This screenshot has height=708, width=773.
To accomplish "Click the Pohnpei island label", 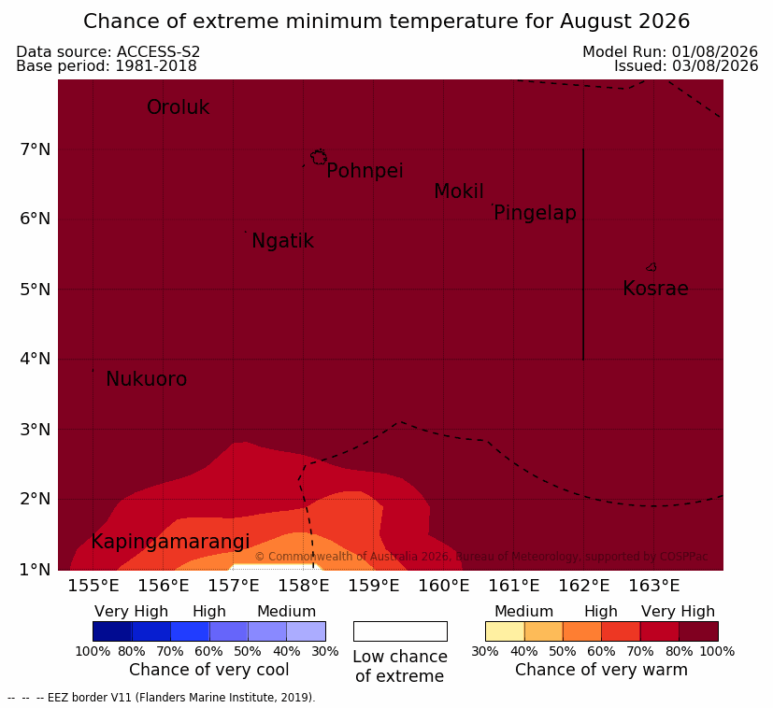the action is [365, 171].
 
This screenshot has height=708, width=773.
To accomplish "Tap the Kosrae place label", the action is [655, 289].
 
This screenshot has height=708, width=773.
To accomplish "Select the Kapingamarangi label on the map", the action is [170, 542].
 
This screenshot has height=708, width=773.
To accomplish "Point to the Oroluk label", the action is [179, 106].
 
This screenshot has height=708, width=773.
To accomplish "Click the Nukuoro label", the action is [147, 379].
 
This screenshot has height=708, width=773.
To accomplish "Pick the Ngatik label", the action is [283, 241].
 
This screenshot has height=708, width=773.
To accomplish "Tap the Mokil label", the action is [459, 191].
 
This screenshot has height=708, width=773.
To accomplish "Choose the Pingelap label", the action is [535, 213].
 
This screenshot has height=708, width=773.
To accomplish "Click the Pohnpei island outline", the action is [319, 157].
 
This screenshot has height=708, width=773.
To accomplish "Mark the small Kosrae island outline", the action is [651, 267].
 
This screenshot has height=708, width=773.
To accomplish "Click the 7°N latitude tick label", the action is [36, 149].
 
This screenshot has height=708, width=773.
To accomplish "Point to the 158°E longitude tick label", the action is [304, 586].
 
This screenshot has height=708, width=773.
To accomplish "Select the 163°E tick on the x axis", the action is [653, 586].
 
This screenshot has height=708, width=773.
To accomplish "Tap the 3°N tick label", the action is [36, 430].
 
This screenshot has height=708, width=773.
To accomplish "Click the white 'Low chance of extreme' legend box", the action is [400, 631].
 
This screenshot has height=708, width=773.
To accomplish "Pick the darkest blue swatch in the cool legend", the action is [112, 631].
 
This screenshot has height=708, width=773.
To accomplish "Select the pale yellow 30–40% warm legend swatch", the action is [505, 631].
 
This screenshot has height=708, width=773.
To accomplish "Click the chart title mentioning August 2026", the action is [387, 21].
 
